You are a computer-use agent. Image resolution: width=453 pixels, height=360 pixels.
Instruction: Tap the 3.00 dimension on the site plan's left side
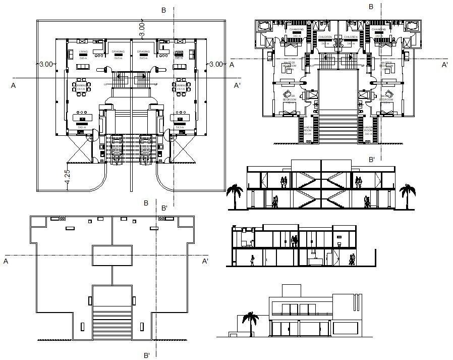click(x=46, y=64)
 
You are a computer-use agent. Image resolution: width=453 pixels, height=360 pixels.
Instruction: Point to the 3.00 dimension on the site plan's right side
click(x=215, y=64)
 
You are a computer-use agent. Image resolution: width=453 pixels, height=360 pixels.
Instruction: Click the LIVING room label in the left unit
click(x=83, y=52)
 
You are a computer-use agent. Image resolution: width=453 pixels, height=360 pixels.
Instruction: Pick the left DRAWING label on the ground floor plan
click(x=118, y=52)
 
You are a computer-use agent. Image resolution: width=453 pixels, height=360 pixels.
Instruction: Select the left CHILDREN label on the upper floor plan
click(x=325, y=37)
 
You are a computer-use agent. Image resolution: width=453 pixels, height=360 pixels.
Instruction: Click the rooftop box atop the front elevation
click(x=291, y=291)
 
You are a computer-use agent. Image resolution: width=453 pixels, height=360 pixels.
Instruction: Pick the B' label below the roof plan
click(x=147, y=355)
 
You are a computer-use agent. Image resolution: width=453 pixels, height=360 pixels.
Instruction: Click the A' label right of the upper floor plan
click(x=444, y=65)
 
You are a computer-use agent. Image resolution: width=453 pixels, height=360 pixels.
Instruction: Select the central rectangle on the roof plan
click(x=112, y=255)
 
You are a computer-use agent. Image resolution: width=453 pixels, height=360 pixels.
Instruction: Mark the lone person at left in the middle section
click(x=253, y=260)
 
